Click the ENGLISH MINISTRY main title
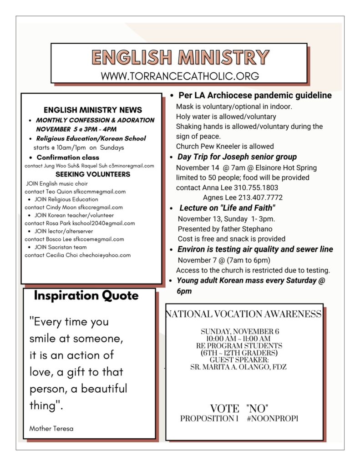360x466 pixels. pos(180,58)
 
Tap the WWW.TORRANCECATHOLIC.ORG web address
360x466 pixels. pos(180,76)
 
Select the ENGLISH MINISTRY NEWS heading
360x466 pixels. pos(93,110)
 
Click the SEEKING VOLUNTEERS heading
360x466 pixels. pos(93,174)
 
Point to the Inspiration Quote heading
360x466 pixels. pos(86,296)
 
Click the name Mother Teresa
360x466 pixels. pos(51,428)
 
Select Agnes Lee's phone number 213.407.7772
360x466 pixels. pos(259,198)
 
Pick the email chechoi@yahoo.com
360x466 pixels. pos(105,255)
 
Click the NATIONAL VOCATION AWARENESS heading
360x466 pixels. pos(243,314)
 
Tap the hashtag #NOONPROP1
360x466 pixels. pos(273,418)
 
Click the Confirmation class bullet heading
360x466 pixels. pos(71,157)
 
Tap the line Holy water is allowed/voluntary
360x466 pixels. pos(226,116)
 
